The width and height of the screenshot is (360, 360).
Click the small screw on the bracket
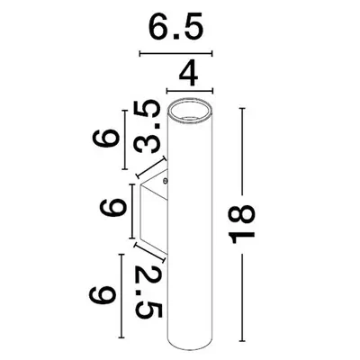[166, 182]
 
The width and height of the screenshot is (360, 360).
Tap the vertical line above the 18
[243, 153]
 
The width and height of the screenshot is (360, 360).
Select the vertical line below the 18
[243, 297]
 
